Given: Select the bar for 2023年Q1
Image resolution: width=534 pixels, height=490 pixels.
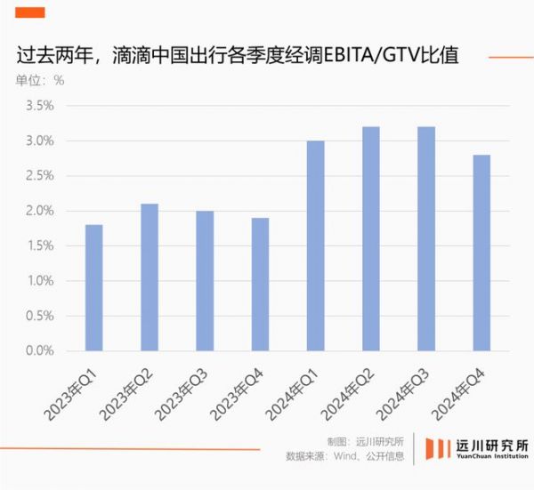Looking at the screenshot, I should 93,288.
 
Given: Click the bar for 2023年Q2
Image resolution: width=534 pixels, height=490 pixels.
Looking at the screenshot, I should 150,277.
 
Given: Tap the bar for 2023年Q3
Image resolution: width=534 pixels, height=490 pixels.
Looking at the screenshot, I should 205,281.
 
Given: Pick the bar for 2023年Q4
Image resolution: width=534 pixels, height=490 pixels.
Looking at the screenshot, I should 260,285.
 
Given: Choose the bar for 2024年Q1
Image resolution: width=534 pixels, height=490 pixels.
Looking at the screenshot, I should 315,246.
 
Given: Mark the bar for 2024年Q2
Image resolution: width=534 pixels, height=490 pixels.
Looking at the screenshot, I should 371,239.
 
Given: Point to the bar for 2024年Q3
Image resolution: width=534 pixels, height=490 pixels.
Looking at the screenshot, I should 426,239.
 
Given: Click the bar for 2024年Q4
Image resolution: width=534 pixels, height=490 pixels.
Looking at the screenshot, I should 481,253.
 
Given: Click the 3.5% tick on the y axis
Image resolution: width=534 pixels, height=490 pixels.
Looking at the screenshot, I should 39,106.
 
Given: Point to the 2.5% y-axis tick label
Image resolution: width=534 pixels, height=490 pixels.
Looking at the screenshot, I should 39,176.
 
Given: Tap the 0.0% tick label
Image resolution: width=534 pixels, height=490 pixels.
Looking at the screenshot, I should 39,351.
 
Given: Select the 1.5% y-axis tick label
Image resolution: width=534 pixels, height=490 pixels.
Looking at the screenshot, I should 39,246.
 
